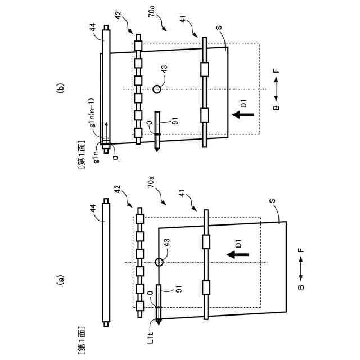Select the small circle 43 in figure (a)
(159, 262)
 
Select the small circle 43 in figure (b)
(157, 88)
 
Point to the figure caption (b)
(61, 88)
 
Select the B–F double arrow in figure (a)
(300, 272)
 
